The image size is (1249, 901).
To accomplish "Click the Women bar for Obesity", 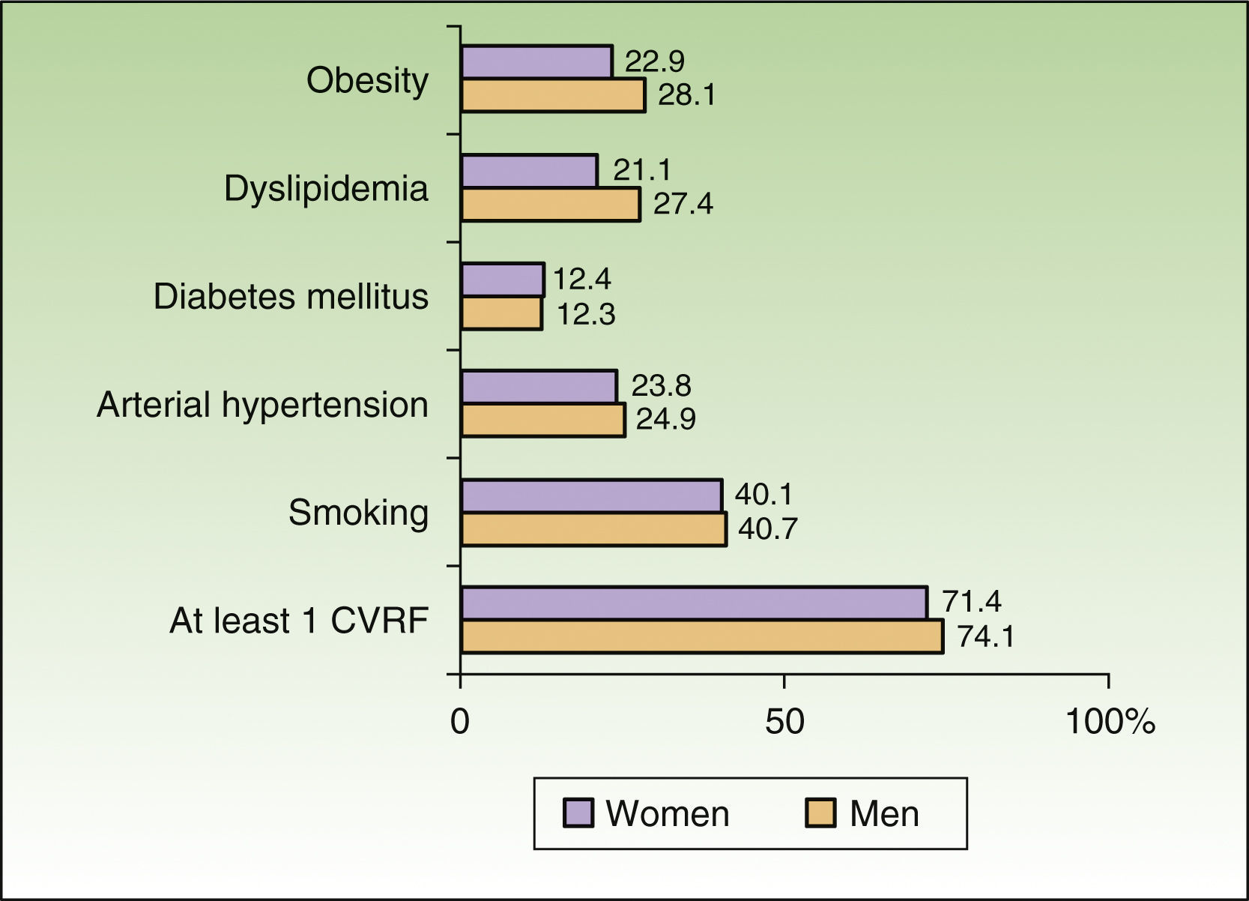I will click(x=536, y=61).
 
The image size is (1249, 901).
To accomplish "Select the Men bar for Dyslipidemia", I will click(x=551, y=205).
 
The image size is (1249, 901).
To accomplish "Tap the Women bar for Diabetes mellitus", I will click(x=502, y=280).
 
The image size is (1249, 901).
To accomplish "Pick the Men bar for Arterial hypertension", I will click(x=543, y=420).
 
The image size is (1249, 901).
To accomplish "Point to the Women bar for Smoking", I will click(x=591, y=495).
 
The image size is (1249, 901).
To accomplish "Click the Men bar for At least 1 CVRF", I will click(x=701, y=636).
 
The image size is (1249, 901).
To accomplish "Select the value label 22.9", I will click(x=655, y=61).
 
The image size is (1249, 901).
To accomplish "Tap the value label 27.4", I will click(x=683, y=204).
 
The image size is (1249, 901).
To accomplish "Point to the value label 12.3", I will click(x=585, y=314).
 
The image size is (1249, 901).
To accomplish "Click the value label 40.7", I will click(x=767, y=529).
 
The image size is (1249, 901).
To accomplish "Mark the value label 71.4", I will click(x=972, y=602).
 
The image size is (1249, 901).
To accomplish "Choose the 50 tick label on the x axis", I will click(x=784, y=722).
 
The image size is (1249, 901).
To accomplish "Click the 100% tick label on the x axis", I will click(x=1110, y=722).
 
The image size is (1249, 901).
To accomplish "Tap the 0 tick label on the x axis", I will click(x=460, y=722).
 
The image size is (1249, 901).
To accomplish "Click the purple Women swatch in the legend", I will click(x=578, y=813).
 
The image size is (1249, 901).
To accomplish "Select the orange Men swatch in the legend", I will click(x=820, y=813).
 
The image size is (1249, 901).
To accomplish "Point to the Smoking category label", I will click(x=358, y=513).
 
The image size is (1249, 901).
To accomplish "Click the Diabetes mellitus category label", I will click(x=291, y=297).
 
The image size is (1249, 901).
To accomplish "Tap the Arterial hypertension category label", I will click(x=262, y=405).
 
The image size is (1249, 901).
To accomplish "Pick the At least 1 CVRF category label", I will click(x=299, y=621).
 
